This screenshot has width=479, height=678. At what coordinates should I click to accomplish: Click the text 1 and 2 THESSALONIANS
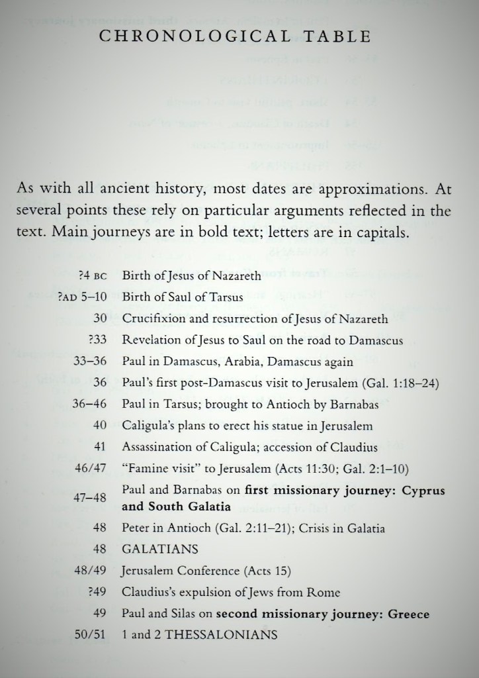click(199, 634)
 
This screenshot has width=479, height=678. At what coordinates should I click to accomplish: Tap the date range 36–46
click(91, 404)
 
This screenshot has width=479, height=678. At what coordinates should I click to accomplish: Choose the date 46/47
click(91, 469)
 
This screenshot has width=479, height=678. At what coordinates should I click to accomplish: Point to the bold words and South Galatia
click(176, 507)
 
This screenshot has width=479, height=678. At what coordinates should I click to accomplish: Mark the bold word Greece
click(408, 613)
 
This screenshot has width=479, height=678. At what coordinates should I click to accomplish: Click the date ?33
click(97, 340)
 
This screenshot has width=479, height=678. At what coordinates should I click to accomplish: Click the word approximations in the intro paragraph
click(374, 189)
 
